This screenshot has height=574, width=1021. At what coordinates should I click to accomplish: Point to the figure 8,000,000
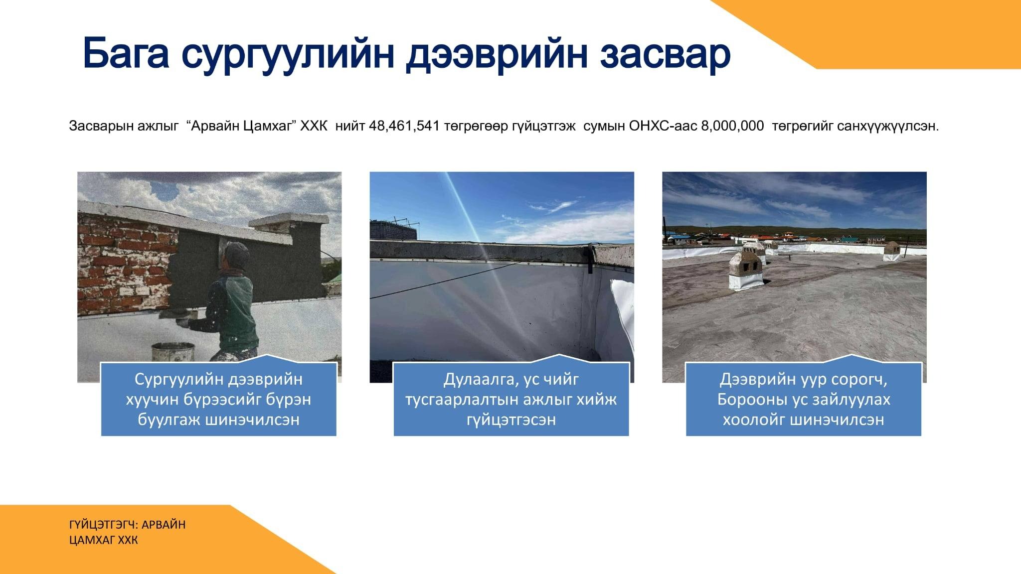(x=732, y=126)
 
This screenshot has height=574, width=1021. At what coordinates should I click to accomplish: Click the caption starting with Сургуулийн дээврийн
(x=218, y=399)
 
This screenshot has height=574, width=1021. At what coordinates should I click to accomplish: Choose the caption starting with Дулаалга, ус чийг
(x=511, y=399)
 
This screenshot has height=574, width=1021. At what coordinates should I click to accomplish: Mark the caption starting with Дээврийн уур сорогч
(x=803, y=399)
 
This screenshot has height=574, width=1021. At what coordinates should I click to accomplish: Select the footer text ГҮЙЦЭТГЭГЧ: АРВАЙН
(x=128, y=525)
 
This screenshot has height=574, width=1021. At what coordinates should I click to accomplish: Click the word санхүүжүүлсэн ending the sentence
(x=887, y=126)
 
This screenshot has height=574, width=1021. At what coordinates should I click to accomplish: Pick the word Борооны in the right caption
(x=747, y=399)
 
